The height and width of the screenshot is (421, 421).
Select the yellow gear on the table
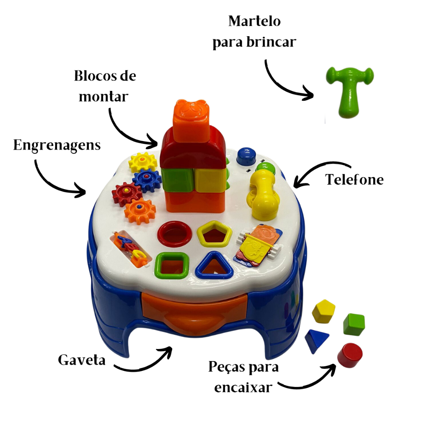click(143, 162)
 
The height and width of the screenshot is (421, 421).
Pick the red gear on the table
click(126, 194)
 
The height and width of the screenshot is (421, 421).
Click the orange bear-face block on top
click(191, 120)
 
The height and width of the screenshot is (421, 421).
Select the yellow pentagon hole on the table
click(214, 234)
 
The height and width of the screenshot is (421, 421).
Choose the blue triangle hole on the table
click(214, 266)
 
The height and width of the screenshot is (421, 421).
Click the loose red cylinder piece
click(350, 355)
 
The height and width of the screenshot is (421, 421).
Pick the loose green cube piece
click(354, 324)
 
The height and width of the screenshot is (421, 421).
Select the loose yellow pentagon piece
click(324, 312)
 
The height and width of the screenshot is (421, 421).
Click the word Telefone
click(354, 179)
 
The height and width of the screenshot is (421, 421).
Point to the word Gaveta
click(82, 360)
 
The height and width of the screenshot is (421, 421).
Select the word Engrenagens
click(57, 146)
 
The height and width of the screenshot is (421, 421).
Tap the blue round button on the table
click(247, 156)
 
